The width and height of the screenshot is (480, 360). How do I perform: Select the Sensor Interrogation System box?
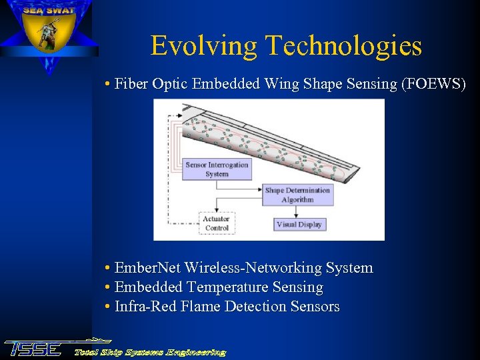pos(217,169)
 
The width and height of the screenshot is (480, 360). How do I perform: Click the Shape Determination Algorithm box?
pos(297,195)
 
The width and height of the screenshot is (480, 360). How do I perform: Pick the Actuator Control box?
pos(217,223)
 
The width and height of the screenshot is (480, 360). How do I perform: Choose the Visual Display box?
pos(299,225)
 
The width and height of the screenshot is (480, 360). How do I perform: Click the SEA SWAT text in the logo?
pos(47,10)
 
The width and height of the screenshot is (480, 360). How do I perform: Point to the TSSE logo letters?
pos(33,349)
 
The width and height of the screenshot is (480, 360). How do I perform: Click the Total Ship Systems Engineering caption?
pos(150,352)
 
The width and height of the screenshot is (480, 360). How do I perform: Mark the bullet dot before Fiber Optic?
pos(108,85)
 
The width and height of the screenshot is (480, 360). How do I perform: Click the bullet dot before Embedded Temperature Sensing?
pos(108,288)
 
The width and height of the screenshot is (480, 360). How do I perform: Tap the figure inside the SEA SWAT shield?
pos(47,34)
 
